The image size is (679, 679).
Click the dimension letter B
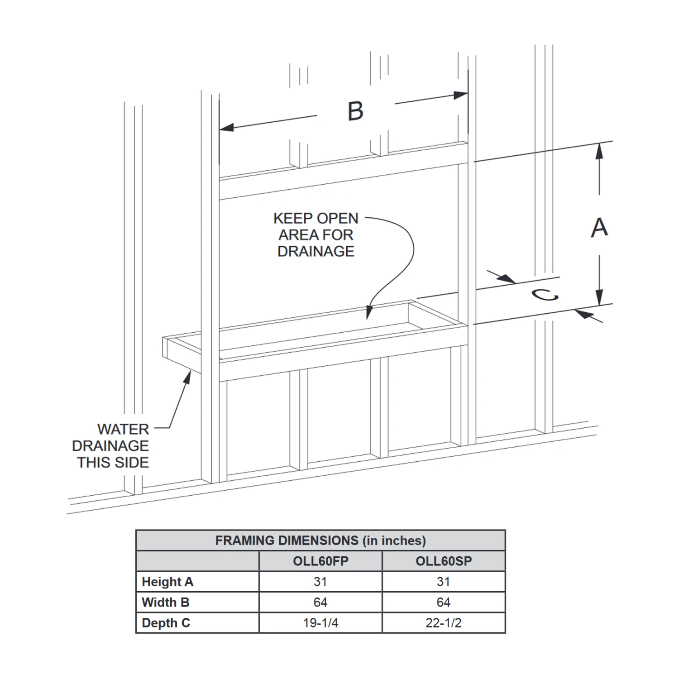coord(355,111)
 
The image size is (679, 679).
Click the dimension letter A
coord(599,227)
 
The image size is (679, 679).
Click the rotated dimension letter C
coord(545,295)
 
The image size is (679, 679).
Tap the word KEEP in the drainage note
coord(293,219)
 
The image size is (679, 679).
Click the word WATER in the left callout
coord(123,429)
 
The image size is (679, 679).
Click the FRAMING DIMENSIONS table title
coord(320,540)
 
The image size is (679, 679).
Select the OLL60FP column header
coord(320,561)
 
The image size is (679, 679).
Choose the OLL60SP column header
coord(444,561)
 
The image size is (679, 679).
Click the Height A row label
coord(167,582)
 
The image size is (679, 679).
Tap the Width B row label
coord(166,602)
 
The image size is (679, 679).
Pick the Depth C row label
coord(166,623)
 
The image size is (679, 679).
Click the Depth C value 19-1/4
coord(320,623)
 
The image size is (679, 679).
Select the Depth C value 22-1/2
coord(444,623)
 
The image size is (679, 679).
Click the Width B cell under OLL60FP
coord(320,602)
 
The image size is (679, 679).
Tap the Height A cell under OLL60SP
coord(444,582)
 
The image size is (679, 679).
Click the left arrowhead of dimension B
coord(225,128)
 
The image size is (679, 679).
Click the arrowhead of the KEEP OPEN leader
coord(369,314)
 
